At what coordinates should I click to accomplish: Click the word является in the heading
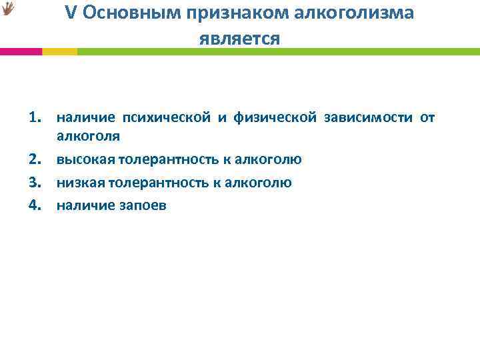(x=239, y=39)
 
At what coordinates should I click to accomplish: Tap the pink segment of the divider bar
(x=21, y=51)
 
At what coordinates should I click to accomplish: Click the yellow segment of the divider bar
(x=59, y=51)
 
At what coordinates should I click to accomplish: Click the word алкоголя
(x=88, y=137)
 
